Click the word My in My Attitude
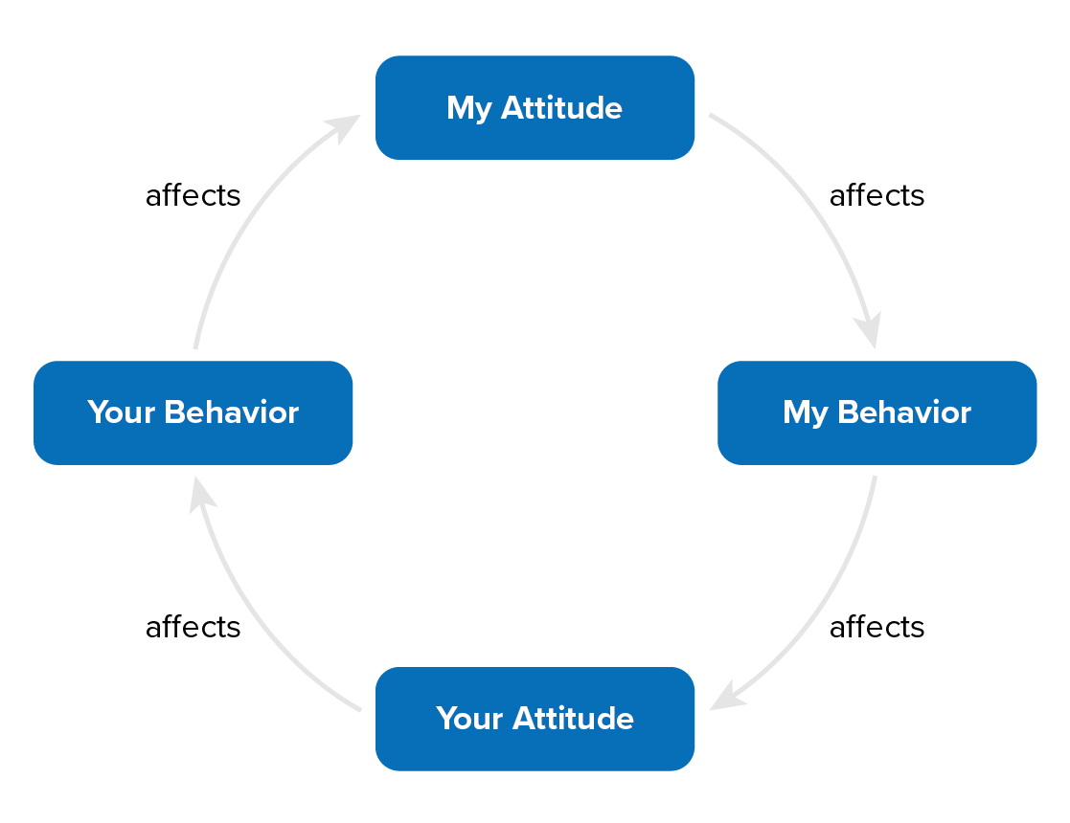(468, 108)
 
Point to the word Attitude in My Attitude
(563, 107)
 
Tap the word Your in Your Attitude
(469, 718)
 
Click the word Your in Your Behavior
(122, 412)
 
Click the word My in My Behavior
(805, 412)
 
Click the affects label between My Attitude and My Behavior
(876, 195)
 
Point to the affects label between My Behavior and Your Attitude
(876, 627)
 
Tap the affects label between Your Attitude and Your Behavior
(193, 627)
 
